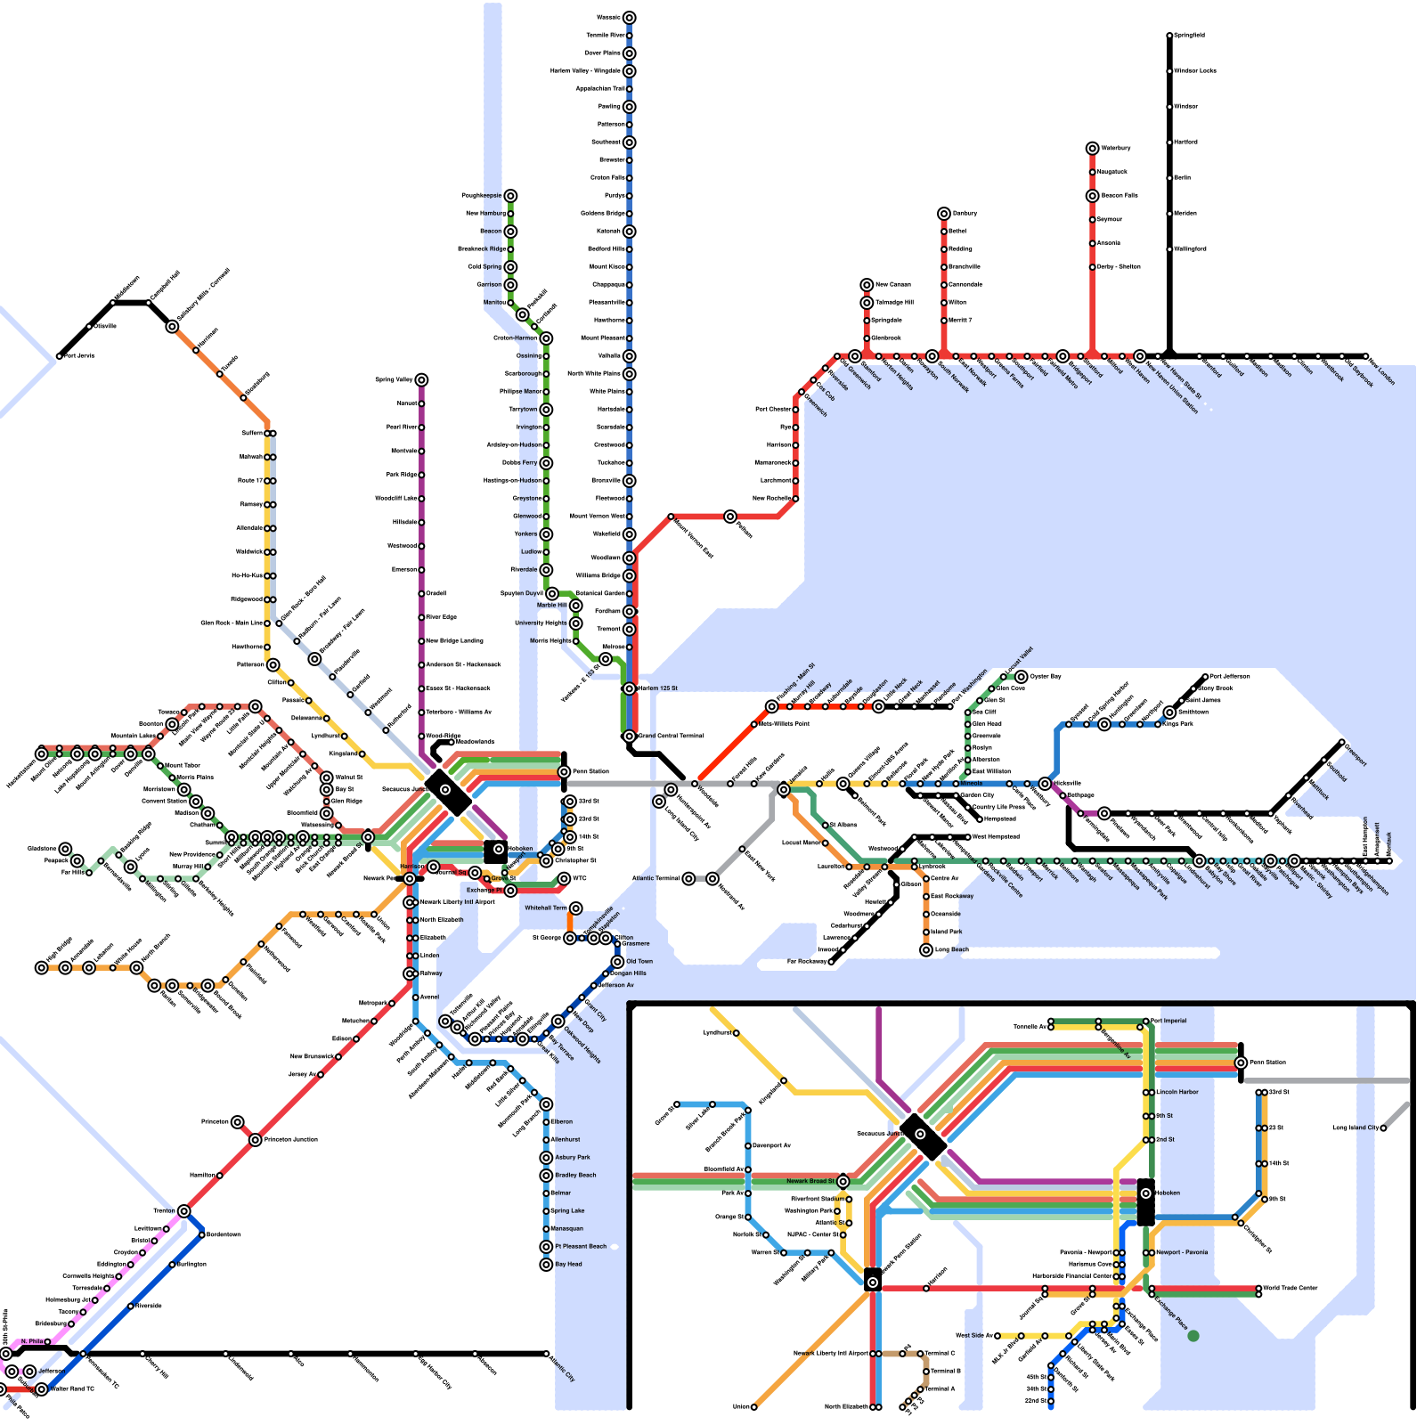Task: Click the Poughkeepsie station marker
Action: click(x=510, y=196)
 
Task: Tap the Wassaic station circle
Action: click(x=629, y=18)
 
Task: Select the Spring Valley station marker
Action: click(x=421, y=380)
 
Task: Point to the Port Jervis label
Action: click(x=78, y=355)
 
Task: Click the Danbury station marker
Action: click(x=944, y=214)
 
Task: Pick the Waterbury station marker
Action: click(x=1092, y=148)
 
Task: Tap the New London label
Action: click(x=1381, y=372)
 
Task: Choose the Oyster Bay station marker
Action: click(x=1022, y=677)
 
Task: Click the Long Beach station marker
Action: click(x=926, y=950)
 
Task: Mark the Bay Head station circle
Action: click(x=546, y=1265)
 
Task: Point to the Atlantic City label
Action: click(x=563, y=1368)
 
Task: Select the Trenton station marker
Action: click(x=183, y=1211)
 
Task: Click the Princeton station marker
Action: click(x=237, y=1122)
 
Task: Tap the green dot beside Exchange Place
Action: click(x=1193, y=1336)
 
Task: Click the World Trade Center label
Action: click(x=1291, y=1288)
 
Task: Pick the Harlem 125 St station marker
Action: click(x=629, y=688)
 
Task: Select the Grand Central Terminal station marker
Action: click(x=629, y=737)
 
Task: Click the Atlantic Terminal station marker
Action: click(x=688, y=879)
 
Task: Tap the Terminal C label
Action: click(x=940, y=1354)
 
